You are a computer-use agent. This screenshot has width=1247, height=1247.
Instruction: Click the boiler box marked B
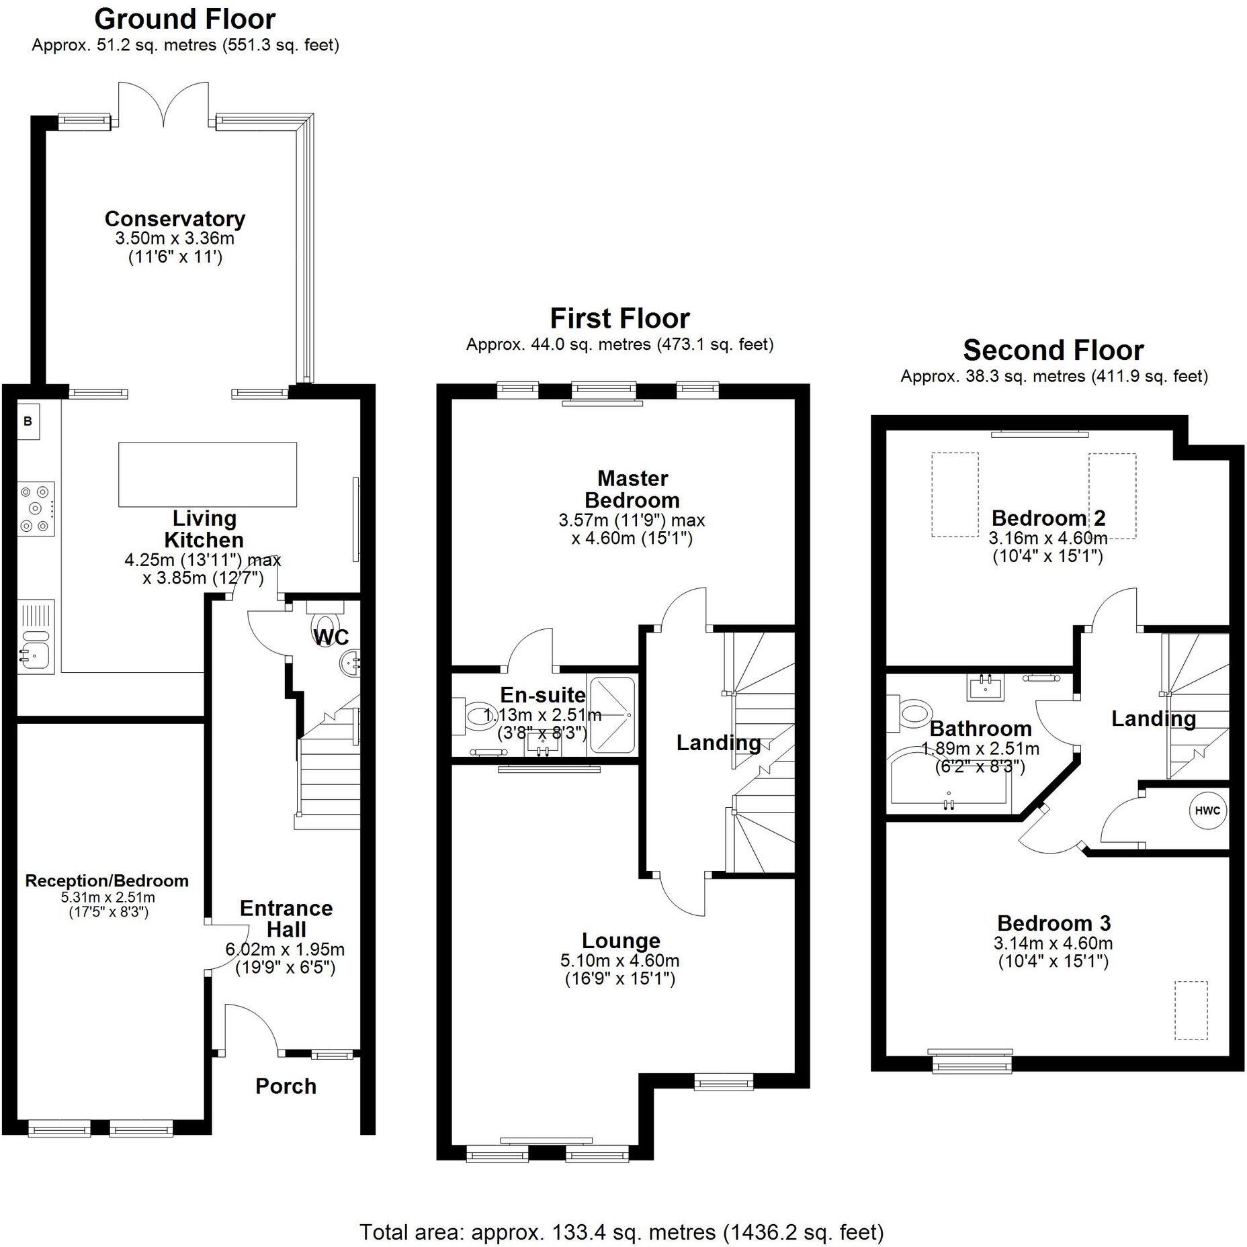tap(28, 421)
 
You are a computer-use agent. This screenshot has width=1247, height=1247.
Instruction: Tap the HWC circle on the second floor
tap(1207, 811)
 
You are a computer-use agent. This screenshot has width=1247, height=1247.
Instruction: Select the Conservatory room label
tap(175, 218)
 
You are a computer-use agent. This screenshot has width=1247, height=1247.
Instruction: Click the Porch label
tap(286, 1086)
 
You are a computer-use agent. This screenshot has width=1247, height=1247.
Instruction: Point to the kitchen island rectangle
tap(208, 474)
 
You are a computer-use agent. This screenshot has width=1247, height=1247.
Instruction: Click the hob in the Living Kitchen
tap(36, 508)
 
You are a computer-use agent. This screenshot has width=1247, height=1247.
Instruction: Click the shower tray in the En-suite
tap(612, 716)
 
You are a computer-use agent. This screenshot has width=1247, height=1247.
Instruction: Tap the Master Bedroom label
tap(632, 489)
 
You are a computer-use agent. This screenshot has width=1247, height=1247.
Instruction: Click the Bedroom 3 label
tap(1053, 923)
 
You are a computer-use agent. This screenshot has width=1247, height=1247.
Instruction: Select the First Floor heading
tap(619, 318)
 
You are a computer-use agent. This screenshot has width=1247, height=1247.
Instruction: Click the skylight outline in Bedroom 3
tap(1191, 1010)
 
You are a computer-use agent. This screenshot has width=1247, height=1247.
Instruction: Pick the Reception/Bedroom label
tap(107, 880)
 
